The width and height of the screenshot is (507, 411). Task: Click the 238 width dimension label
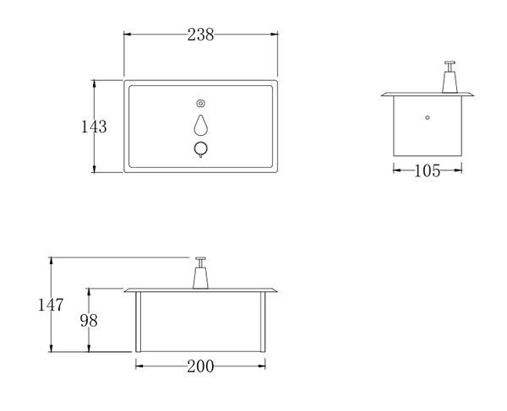tap(201, 35)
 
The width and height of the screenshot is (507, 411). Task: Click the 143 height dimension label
tap(94, 127)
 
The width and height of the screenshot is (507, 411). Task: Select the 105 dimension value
tap(427, 171)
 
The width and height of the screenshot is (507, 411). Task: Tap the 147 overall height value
tap(50, 305)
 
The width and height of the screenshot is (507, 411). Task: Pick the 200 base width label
tap(201, 366)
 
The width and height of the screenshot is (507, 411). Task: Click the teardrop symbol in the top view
tap(201, 125)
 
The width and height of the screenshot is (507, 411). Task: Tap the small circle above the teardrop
tap(201, 103)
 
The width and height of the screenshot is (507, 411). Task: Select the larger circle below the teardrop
tap(201, 149)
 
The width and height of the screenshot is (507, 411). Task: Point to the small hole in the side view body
tap(428, 116)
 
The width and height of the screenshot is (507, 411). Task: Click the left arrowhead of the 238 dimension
tap(128, 35)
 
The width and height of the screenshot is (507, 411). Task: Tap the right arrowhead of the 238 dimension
tap(275, 35)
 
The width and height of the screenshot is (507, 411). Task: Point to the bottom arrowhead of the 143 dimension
tap(95, 169)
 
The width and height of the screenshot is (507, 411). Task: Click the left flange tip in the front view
tap(126, 290)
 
